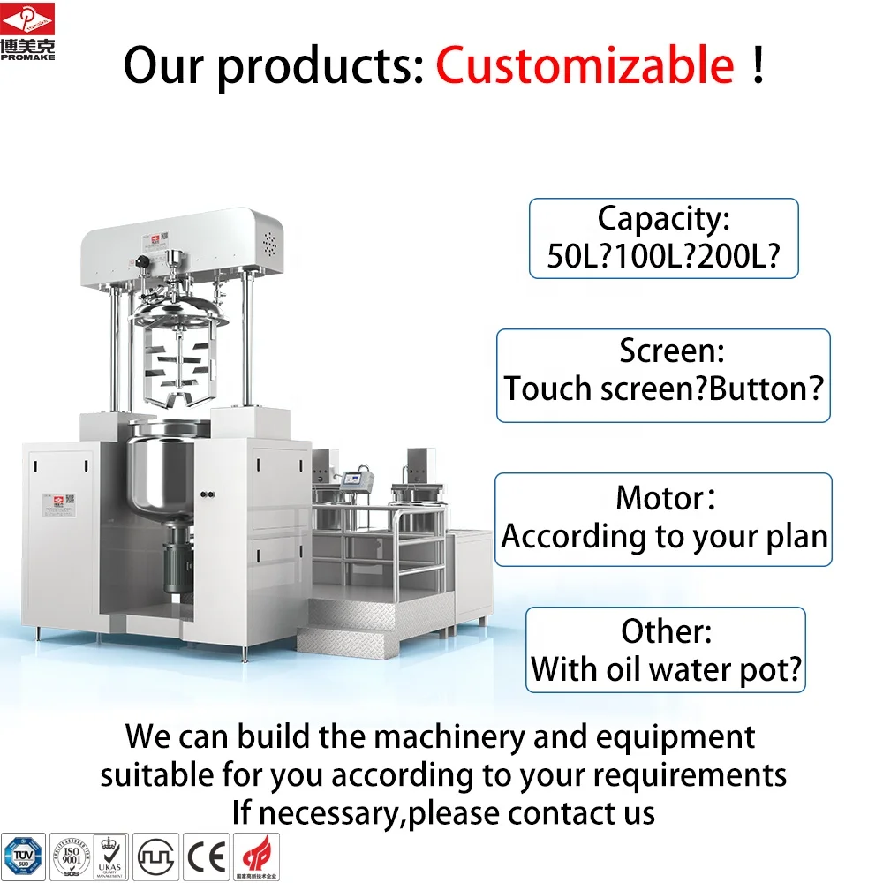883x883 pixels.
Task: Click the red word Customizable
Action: [x=585, y=66]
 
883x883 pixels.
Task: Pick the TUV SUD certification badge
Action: [x=22, y=856]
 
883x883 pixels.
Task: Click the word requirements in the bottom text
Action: [x=690, y=774]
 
